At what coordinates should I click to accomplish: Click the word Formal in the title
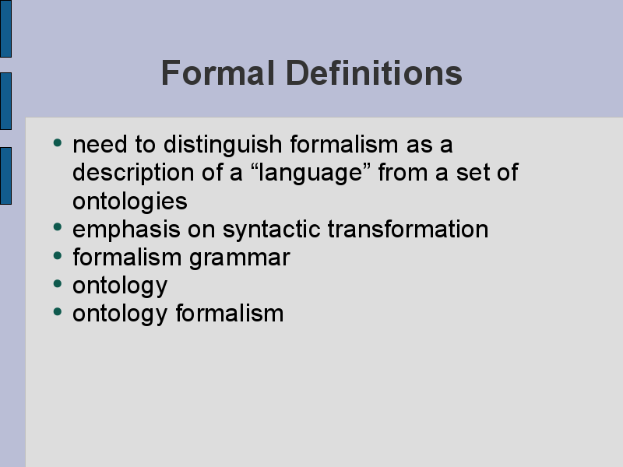[218, 72]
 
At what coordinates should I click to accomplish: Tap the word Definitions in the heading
[374, 72]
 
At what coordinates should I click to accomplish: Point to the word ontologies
[130, 202]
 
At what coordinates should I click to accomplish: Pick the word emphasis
[126, 230]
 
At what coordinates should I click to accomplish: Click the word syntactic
[271, 230]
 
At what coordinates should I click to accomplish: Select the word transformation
[408, 229]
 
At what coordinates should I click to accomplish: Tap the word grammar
[240, 258]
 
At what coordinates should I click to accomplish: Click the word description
[133, 173]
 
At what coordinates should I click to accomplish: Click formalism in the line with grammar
[127, 257]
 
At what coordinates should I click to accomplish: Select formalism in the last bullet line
[230, 314]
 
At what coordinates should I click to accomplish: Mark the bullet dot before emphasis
[58, 226]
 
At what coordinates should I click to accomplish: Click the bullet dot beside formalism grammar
[58, 255]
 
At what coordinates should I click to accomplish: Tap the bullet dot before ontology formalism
[58, 311]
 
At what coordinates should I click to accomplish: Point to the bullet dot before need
[58, 142]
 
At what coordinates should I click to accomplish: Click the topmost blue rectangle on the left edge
[5, 29]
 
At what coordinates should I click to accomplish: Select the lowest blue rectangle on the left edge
[5, 176]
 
